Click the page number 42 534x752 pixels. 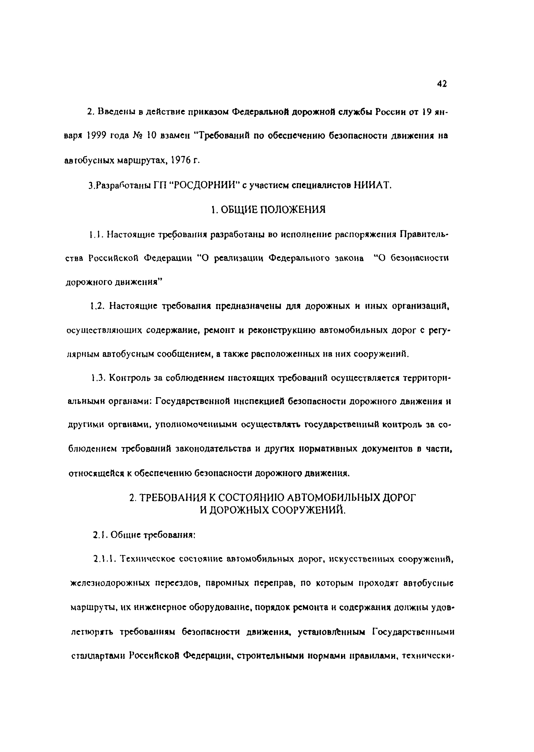tap(442, 84)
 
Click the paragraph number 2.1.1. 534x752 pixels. tap(104, 558)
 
